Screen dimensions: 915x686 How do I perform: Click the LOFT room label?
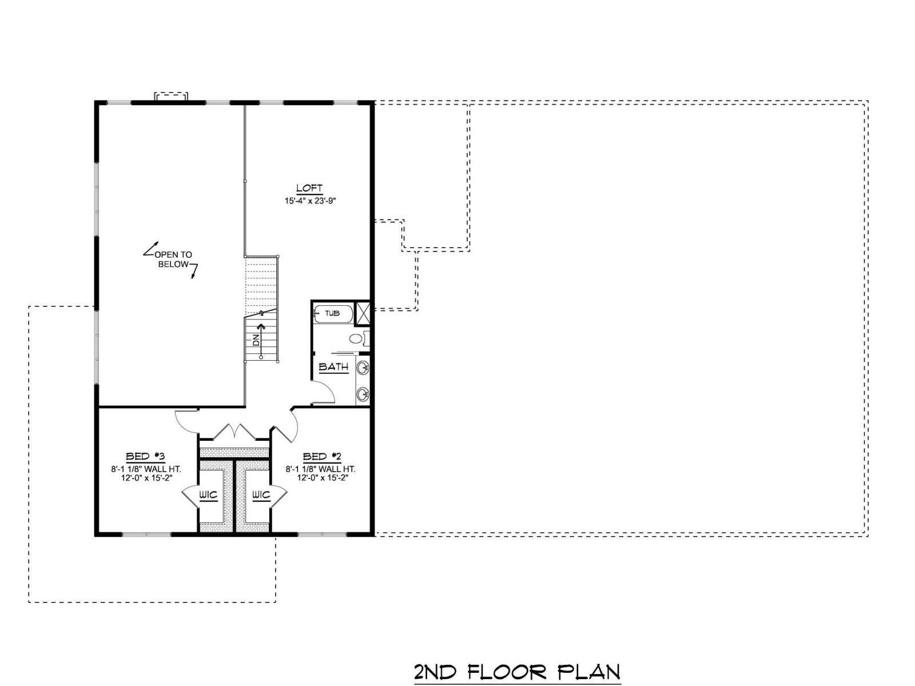coord(309,189)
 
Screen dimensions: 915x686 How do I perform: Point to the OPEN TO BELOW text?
coord(173,259)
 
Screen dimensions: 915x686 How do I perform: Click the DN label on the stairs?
coord(256,340)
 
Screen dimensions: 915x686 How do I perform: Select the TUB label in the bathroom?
coord(332,313)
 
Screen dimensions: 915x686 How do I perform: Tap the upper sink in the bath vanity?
coord(363,368)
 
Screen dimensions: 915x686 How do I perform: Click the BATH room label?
coord(333,367)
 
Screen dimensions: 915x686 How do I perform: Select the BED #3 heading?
coord(146,456)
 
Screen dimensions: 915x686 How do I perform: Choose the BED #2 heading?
coord(322,456)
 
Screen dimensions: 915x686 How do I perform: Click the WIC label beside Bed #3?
coord(208,495)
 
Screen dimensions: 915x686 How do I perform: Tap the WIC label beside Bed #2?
coord(261,495)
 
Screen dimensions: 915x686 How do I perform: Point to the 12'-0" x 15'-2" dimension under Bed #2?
coord(322,478)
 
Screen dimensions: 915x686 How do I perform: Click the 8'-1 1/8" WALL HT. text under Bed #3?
coord(146,469)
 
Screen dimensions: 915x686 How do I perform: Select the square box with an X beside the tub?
coord(362,313)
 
